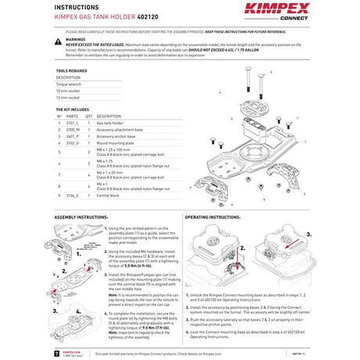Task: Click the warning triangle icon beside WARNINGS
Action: (x=59, y=38)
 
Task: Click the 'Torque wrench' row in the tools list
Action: (x=69, y=85)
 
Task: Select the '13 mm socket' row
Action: (x=69, y=98)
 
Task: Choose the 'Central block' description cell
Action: (x=110, y=195)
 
